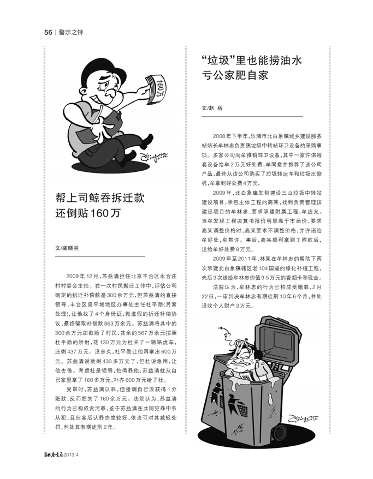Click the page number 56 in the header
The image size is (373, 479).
pos(48,32)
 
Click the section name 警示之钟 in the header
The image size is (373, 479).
pos(70,32)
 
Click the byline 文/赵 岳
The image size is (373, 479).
pos(213,108)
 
